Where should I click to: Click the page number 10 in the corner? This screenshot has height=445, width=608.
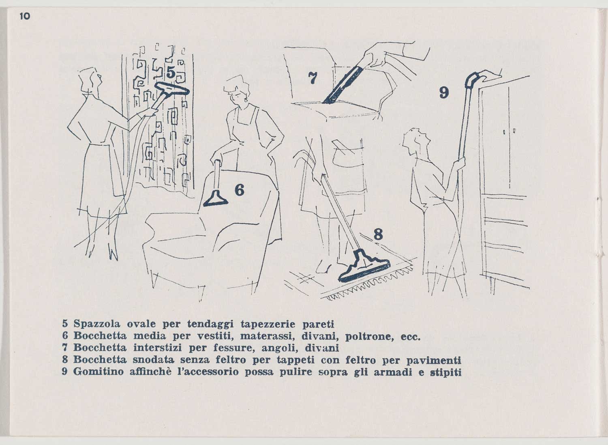pyautogui.click(x=25, y=16)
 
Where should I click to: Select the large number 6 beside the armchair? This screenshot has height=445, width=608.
pyautogui.click(x=239, y=190)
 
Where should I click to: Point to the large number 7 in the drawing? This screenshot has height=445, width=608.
pyautogui.click(x=313, y=78)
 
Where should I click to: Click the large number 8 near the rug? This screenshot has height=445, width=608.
pyautogui.click(x=378, y=234)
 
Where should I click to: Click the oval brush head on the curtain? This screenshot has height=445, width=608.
pyautogui.click(x=172, y=88)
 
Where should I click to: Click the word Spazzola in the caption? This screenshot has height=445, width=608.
pyautogui.click(x=97, y=324)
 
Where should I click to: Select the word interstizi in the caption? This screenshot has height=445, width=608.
pyautogui.click(x=157, y=348)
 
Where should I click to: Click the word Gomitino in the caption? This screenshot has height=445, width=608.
pyautogui.click(x=98, y=372)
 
